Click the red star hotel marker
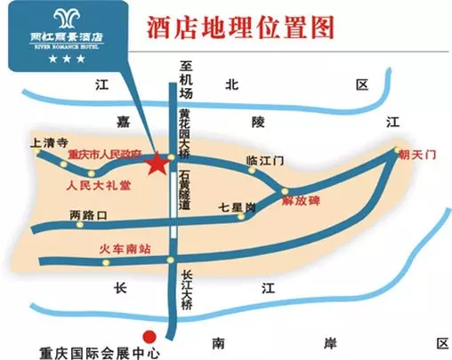pyautogui.click(x=157, y=164)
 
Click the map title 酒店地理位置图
pyautogui.click(x=241, y=26)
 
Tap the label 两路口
pyautogui.click(x=88, y=215)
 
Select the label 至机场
pyautogui.click(x=186, y=81)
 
